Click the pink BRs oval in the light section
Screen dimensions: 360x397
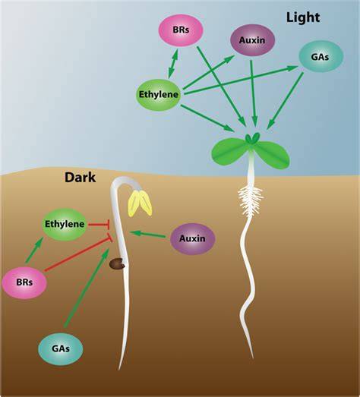click(181, 30)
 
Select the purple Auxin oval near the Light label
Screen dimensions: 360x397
click(252, 40)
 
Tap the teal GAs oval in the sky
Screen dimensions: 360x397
click(321, 56)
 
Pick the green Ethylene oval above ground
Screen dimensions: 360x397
click(159, 95)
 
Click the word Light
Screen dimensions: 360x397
click(303, 17)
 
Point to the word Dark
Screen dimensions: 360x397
click(81, 178)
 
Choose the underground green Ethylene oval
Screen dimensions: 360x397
click(65, 224)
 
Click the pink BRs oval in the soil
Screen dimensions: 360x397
click(24, 282)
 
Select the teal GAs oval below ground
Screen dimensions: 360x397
click(61, 349)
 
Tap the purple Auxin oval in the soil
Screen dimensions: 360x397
click(193, 238)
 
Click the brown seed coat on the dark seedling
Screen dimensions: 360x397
click(117, 263)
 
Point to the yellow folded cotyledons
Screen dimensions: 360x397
click(140, 203)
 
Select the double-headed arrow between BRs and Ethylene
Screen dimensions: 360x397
click(173, 63)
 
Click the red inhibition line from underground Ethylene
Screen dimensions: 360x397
click(99, 225)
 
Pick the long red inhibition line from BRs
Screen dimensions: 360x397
click(78, 254)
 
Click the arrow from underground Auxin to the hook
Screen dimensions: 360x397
click(147, 235)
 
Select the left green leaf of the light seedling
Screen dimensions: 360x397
click(229, 150)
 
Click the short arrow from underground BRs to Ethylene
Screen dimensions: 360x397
click(34, 250)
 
